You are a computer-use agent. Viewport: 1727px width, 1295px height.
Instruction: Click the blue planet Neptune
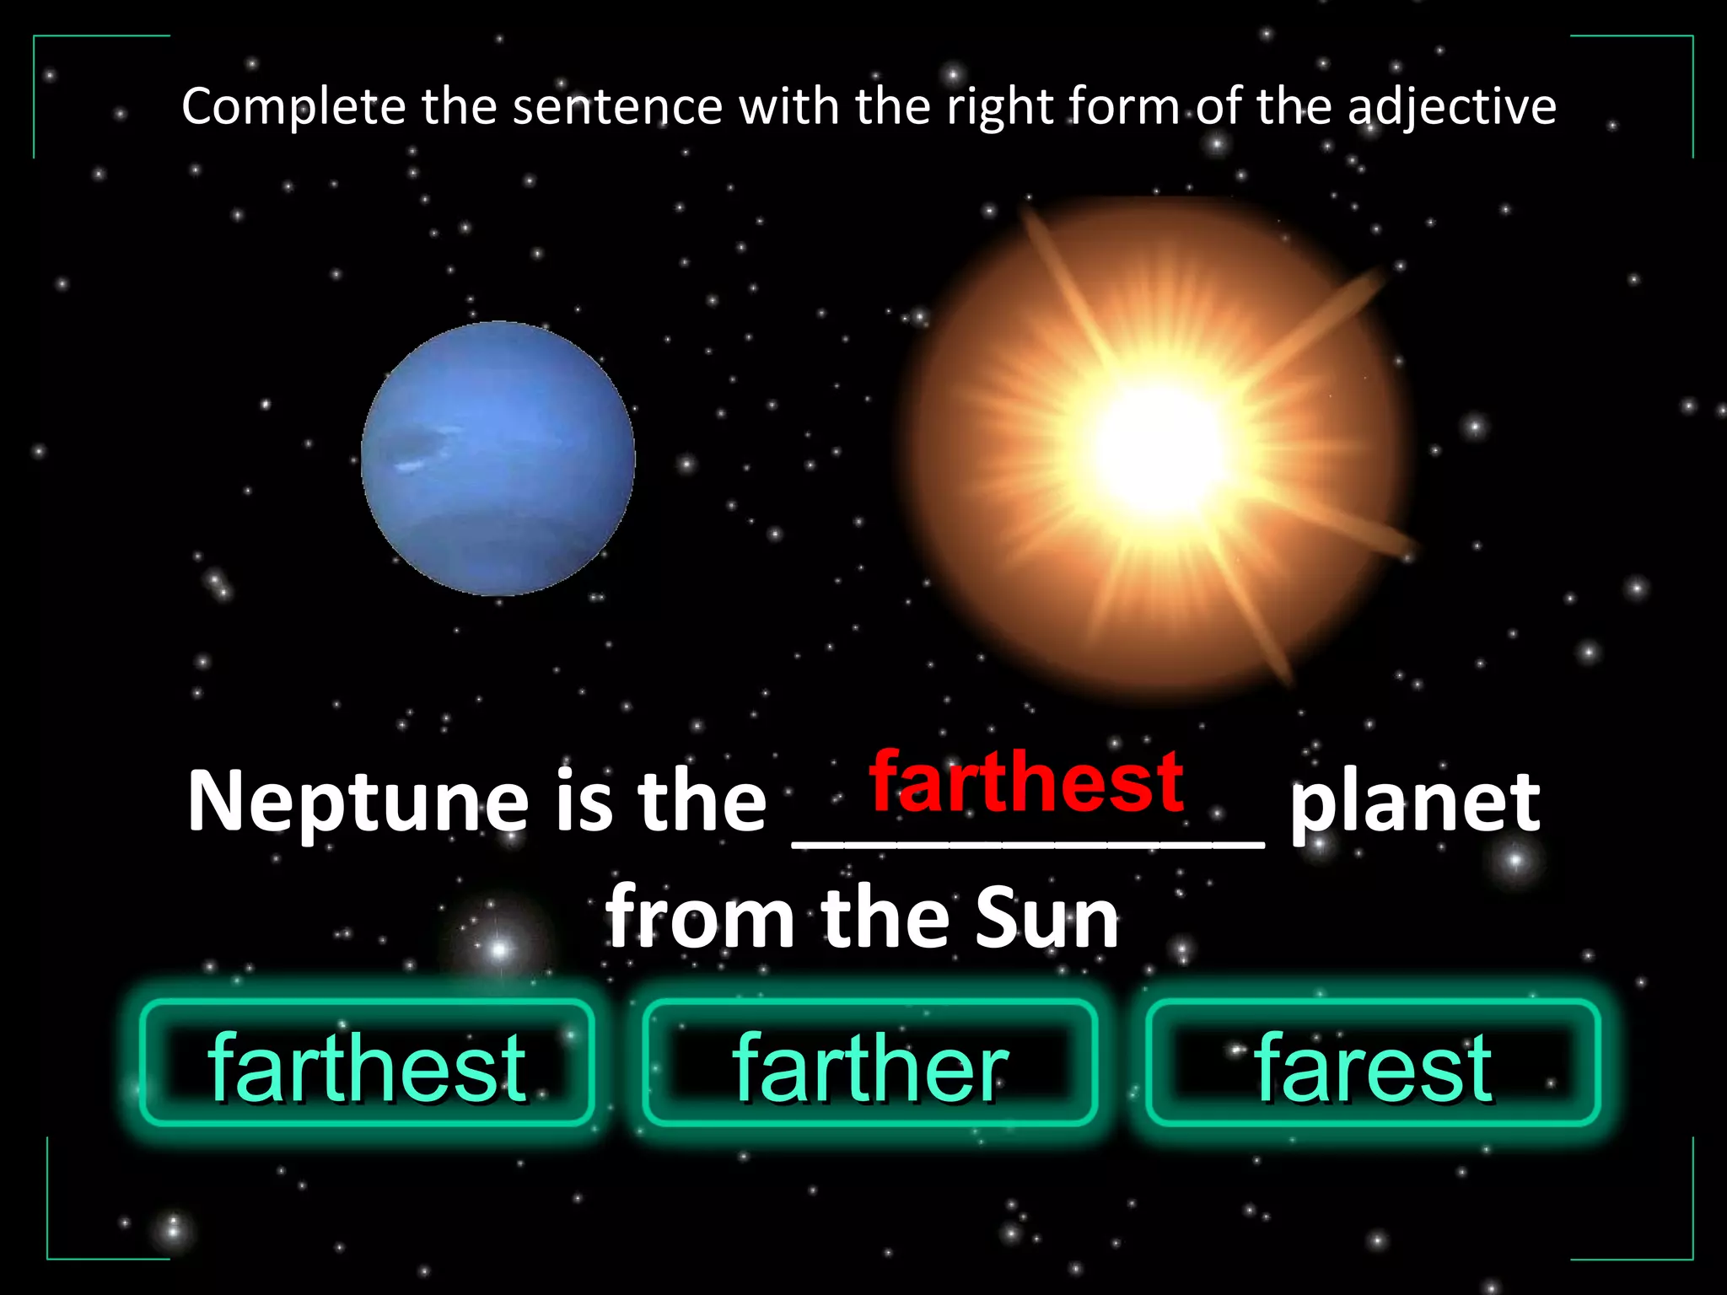(498, 459)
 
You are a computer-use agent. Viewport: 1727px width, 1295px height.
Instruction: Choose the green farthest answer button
(367, 1064)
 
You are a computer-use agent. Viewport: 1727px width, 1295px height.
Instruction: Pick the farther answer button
(869, 1064)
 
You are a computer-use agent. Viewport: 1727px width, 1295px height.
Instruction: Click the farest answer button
(1373, 1064)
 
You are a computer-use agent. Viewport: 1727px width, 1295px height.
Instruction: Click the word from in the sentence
(699, 918)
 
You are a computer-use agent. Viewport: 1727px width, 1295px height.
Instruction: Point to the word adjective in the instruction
(1450, 108)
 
